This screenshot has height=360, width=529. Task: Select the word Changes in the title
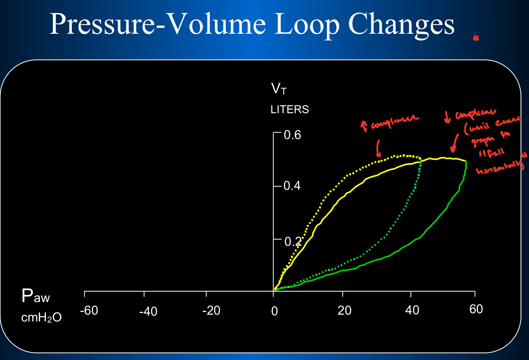point(401,25)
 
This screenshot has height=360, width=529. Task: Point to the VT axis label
point(279,89)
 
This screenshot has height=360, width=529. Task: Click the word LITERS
point(290,109)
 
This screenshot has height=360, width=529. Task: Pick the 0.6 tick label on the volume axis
point(292,135)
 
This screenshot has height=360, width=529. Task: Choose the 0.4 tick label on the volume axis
point(292,186)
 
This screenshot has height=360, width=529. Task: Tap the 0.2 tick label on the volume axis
point(293,242)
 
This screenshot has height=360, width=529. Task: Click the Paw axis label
point(35,296)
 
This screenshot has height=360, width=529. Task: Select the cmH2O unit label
point(41,318)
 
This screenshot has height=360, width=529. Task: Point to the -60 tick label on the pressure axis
point(89,311)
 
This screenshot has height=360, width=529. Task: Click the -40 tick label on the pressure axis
point(148,311)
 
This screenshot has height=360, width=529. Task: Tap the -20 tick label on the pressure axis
point(211,311)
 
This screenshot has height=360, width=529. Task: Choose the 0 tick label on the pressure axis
point(275,311)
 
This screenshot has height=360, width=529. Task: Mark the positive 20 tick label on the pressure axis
point(344,311)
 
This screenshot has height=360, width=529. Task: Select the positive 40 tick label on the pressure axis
point(412,310)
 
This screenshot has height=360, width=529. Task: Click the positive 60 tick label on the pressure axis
point(476,309)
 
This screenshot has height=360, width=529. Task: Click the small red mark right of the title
point(476,38)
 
